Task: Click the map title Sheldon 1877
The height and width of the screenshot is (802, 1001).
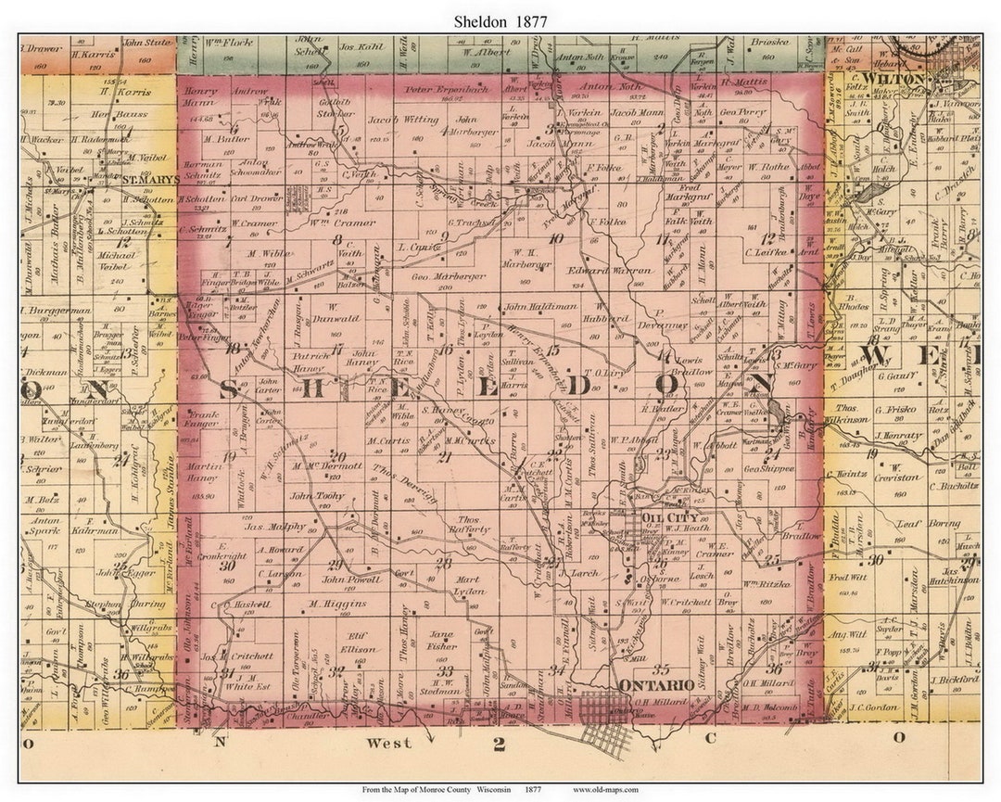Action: click(x=500, y=19)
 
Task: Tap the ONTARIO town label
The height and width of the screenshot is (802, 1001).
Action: click(x=656, y=684)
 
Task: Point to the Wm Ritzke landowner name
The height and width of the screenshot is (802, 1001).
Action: click(x=765, y=584)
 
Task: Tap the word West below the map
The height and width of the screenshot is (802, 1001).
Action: click(x=388, y=743)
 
